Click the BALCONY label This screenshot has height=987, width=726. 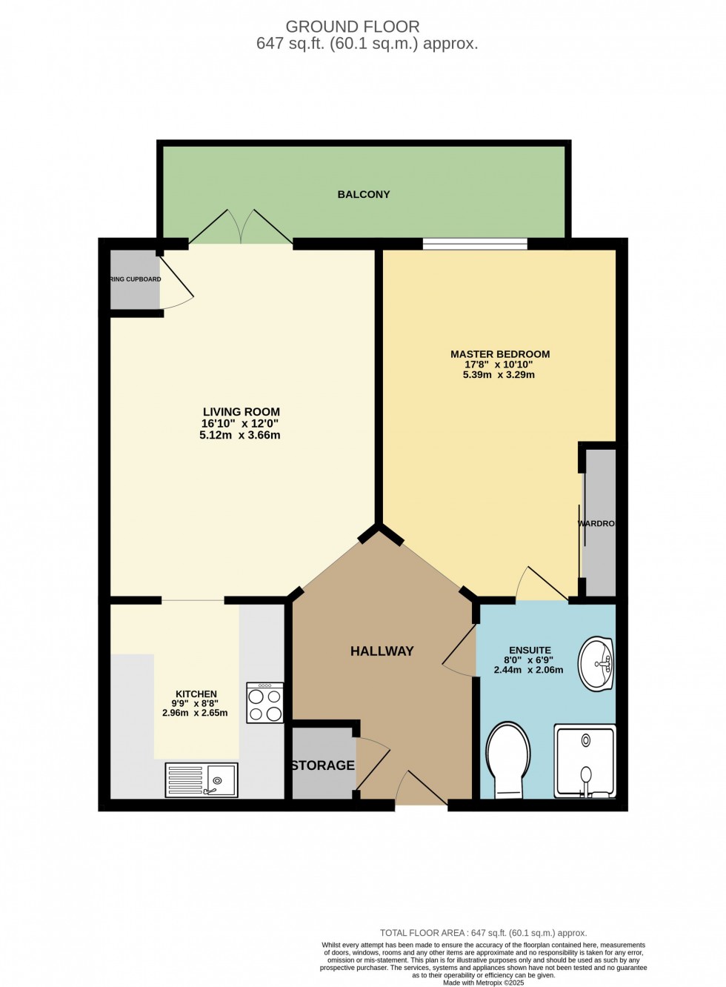[x=363, y=194]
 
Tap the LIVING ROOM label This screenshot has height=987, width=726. [x=242, y=412]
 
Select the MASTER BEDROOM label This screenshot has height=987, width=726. [x=500, y=354]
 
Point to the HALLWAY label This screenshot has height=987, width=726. [x=382, y=651]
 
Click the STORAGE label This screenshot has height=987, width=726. [x=323, y=765]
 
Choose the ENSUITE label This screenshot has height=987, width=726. [x=530, y=651]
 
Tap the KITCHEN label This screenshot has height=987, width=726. [x=196, y=694]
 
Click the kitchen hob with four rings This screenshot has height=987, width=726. [x=265, y=703]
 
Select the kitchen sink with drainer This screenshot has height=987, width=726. [x=202, y=780]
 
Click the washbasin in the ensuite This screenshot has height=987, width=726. [x=596, y=663]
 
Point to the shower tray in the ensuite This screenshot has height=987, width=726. [x=585, y=761]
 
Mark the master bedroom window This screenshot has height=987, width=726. [x=475, y=243]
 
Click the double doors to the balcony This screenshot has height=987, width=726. [x=241, y=227]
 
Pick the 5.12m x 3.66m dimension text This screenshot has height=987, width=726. [x=240, y=436]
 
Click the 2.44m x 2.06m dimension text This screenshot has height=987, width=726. [x=528, y=670]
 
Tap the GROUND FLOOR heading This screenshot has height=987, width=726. [x=353, y=27]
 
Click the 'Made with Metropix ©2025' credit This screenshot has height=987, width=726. [x=483, y=983]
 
